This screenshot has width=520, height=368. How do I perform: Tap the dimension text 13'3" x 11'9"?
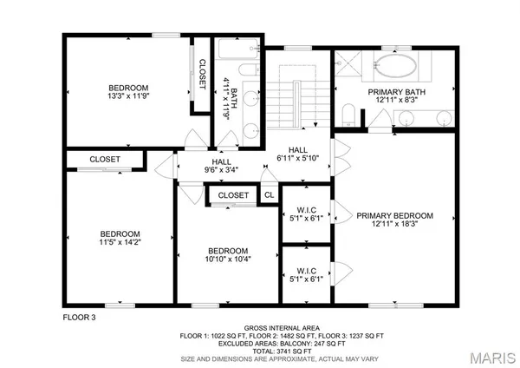click(x=128, y=98)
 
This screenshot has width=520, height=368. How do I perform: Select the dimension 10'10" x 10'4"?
click(x=226, y=259)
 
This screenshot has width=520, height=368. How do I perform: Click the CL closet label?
click(x=269, y=196)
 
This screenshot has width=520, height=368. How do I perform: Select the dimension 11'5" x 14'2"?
click(x=119, y=244)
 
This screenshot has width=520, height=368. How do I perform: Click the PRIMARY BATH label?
click(x=394, y=91)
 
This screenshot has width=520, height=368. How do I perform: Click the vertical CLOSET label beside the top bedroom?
click(x=201, y=75)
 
